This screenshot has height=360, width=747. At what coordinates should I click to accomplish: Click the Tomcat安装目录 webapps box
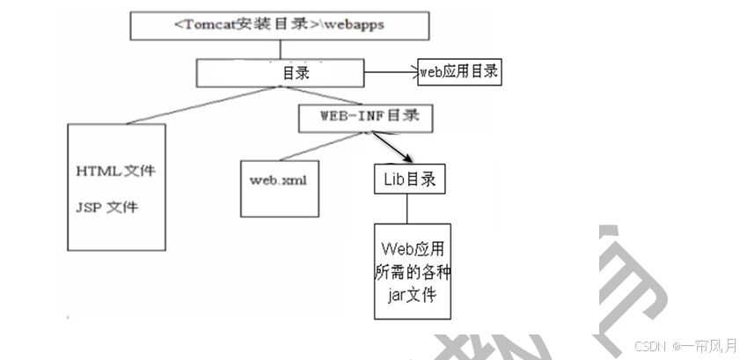281,26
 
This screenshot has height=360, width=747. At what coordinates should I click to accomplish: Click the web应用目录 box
458,72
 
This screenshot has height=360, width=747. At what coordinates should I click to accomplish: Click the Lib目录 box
408,180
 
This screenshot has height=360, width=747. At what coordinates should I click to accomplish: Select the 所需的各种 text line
411,272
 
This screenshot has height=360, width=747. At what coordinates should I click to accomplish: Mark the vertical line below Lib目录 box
406,209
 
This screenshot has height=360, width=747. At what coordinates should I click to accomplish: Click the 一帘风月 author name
711,346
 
